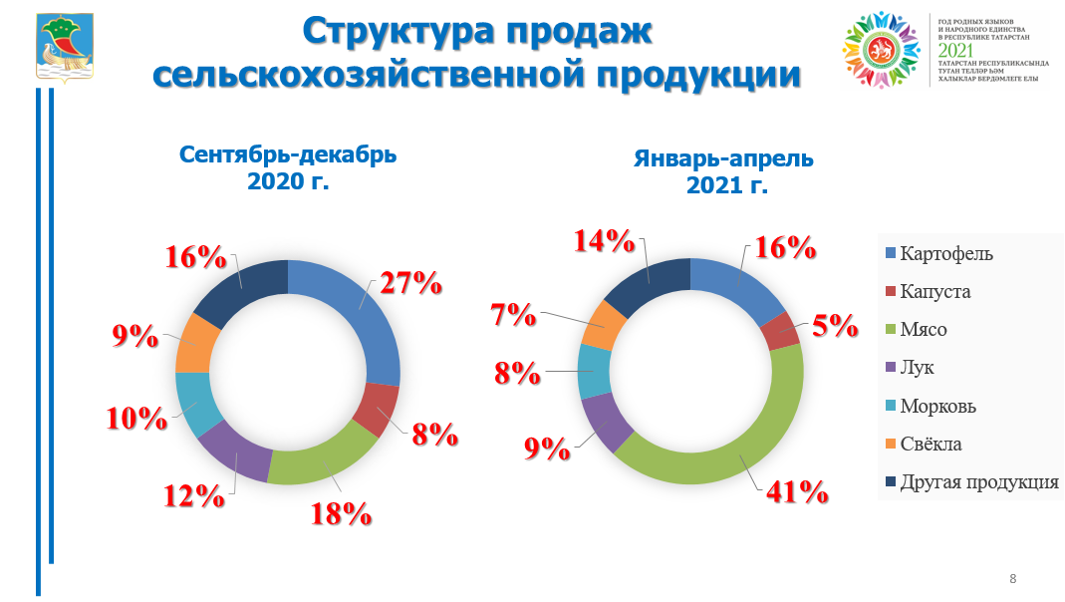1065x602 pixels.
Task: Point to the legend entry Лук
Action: (x=917, y=368)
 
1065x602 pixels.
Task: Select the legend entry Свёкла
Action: (x=931, y=445)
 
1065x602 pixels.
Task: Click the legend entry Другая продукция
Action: (x=978, y=482)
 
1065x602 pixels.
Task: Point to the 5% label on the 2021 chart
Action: (x=833, y=325)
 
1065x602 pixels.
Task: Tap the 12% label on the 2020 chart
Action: (x=193, y=495)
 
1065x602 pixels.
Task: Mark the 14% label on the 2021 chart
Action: (x=604, y=240)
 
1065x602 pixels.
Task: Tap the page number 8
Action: (x=1013, y=579)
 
